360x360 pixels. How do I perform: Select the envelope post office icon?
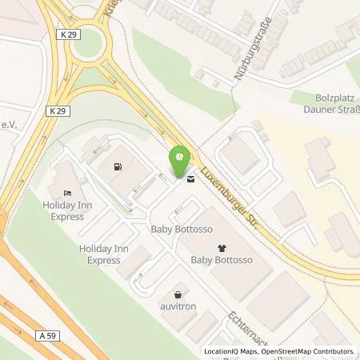tap(190, 180)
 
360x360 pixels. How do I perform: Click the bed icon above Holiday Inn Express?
tap(67, 193)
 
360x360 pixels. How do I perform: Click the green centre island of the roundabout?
tap(89, 45)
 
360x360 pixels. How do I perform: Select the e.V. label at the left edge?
tap(10, 124)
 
